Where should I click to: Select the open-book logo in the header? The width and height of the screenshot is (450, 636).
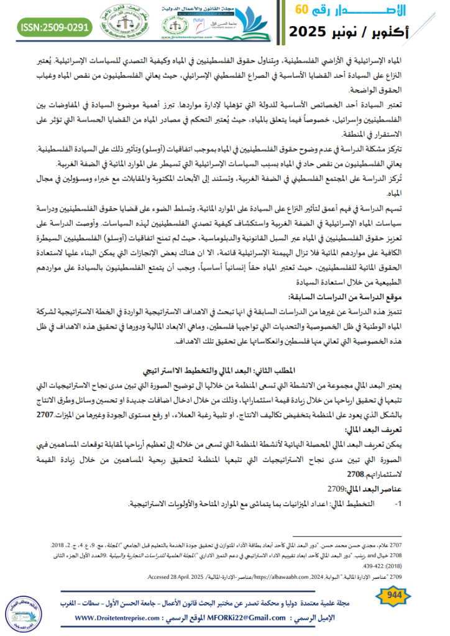(247, 19)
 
